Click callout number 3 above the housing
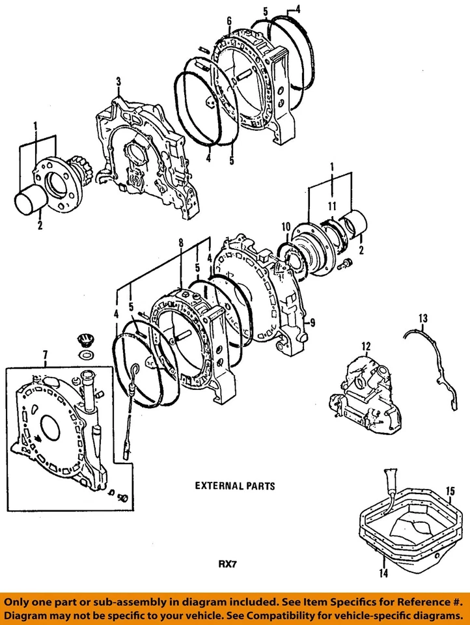click(119, 81)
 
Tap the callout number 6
click(229, 21)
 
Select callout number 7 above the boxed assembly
click(45, 354)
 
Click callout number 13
click(423, 318)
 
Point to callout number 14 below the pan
click(384, 574)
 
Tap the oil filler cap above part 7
click(83, 340)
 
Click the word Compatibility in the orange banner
click(306, 615)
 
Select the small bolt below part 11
click(346, 263)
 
